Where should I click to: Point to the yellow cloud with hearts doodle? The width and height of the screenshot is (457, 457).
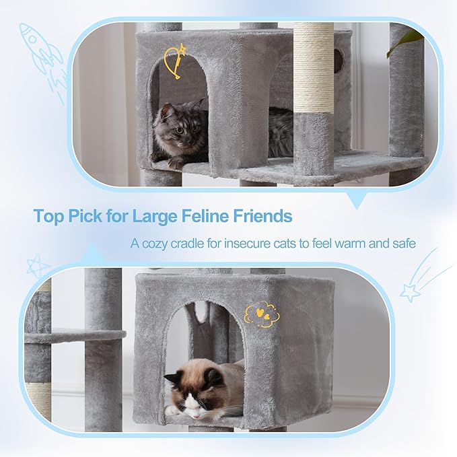click(x=261, y=314)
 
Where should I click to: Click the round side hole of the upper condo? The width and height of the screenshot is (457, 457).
click(x=338, y=62)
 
